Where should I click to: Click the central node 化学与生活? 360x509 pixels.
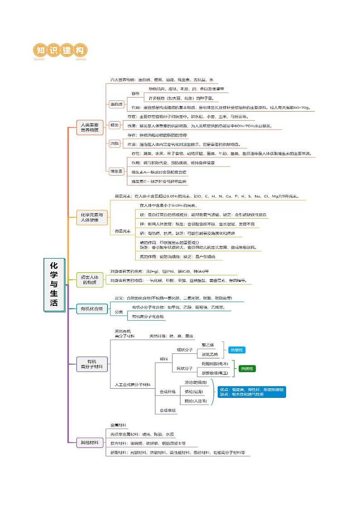coord(54,285)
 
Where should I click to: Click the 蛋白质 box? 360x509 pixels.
coord(116,104)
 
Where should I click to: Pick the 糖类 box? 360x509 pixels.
coord(114,124)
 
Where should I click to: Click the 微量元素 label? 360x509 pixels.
coord(122,231)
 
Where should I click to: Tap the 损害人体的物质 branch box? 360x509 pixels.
coord(89,279)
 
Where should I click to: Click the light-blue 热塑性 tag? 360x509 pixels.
coord(236,350)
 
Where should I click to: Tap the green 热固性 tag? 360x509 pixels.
coord(247,368)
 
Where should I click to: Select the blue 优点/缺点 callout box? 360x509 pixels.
coord(252,392)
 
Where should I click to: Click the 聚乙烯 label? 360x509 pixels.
coord(209,345)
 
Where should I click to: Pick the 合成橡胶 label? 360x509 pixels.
coord(168,410)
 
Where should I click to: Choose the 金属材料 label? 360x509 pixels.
coord(119,426)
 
